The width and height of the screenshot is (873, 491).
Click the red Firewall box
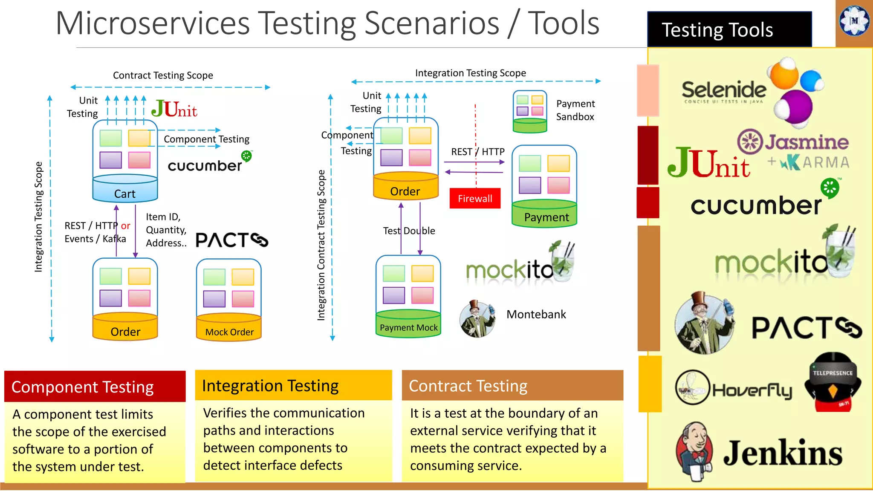[475, 199]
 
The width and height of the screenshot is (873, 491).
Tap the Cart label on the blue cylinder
[125, 194]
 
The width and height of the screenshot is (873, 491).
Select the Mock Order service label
[229, 332]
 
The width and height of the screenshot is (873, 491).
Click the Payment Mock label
[408, 327]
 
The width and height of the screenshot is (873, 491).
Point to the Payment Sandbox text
[575, 110]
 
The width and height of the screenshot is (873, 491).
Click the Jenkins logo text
[783, 453]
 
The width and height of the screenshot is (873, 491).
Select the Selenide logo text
[724, 90]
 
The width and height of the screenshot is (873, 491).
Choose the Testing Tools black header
[729, 30]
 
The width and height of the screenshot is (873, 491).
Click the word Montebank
[536, 315]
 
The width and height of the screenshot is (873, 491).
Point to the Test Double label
[409, 231]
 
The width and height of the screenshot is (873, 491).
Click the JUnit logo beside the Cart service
[174, 109]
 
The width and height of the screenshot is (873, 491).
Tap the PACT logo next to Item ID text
[231, 240]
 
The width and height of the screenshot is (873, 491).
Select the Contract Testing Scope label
[163, 75]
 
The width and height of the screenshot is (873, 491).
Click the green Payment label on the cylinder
[546, 217]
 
